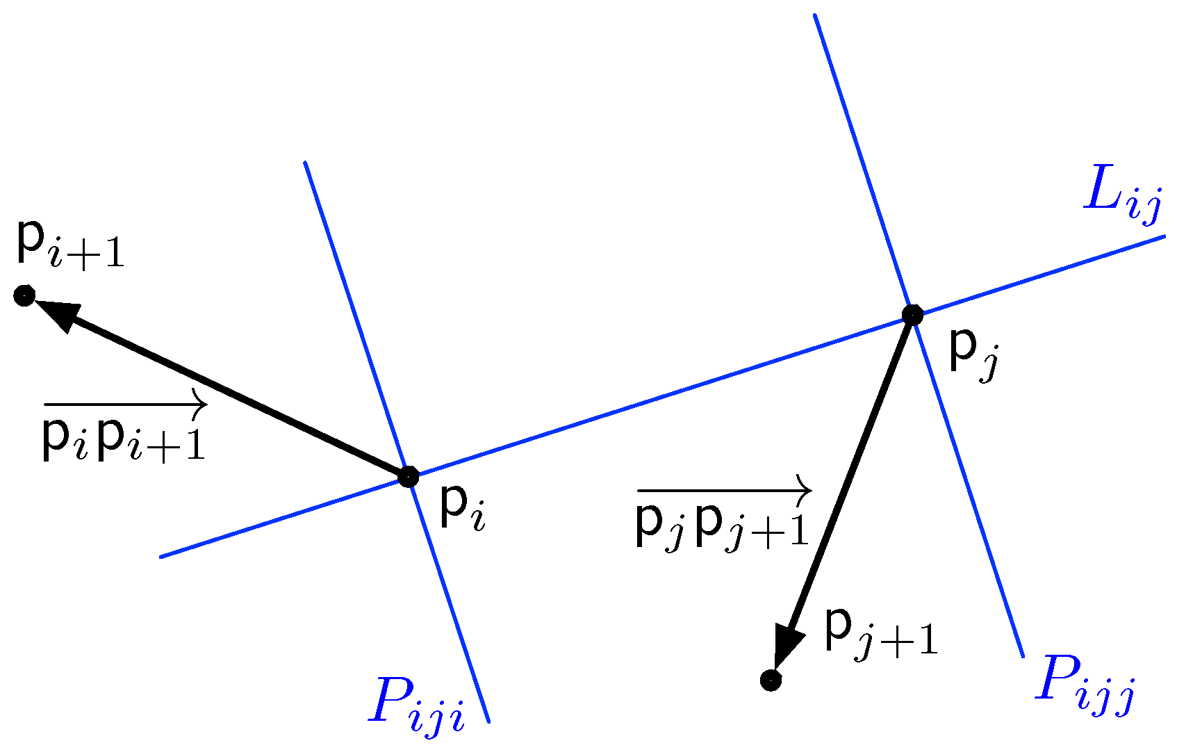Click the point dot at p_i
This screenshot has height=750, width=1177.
pyautogui.click(x=409, y=477)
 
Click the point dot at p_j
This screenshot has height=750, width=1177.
pyautogui.click(x=912, y=316)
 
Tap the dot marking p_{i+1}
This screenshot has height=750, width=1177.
pyautogui.click(x=24, y=296)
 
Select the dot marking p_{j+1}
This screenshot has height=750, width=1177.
pyautogui.click(x=771, y=680)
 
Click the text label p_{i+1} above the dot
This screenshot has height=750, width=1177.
pyautogui.click(x=69, y=247)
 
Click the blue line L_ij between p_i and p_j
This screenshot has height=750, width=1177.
pyautogui.click(x=660, y=396)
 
